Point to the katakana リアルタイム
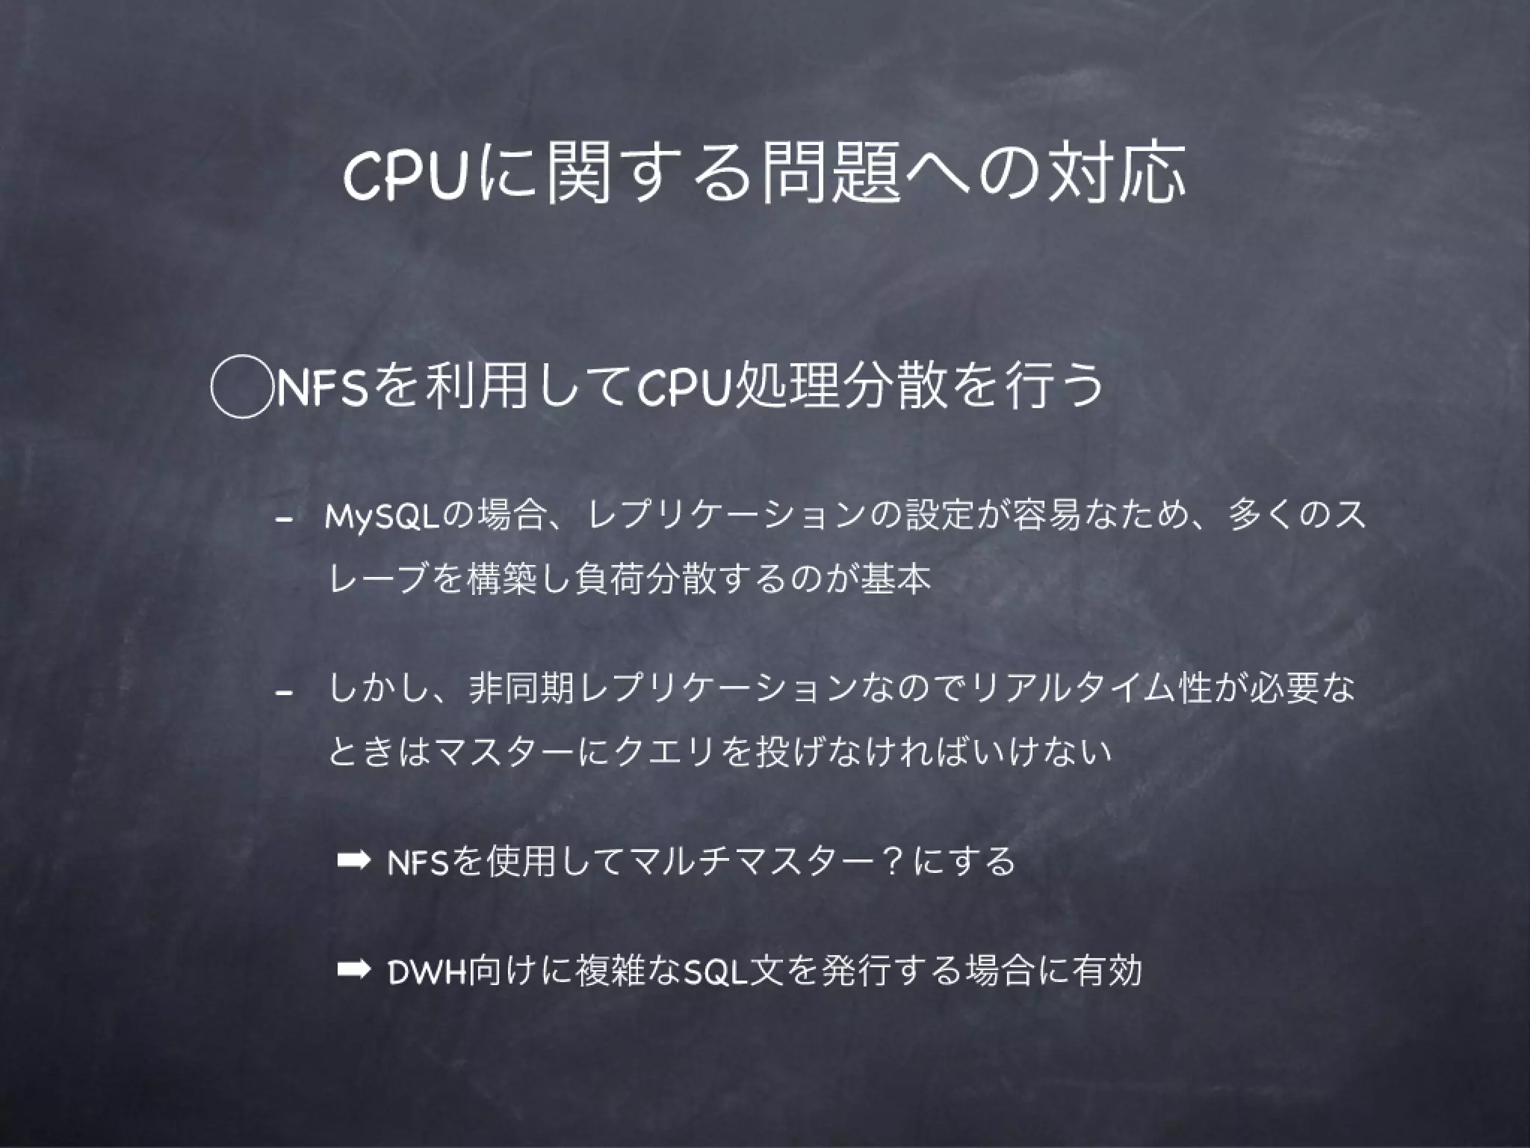1061,688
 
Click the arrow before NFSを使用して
353,861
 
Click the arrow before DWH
353,970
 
